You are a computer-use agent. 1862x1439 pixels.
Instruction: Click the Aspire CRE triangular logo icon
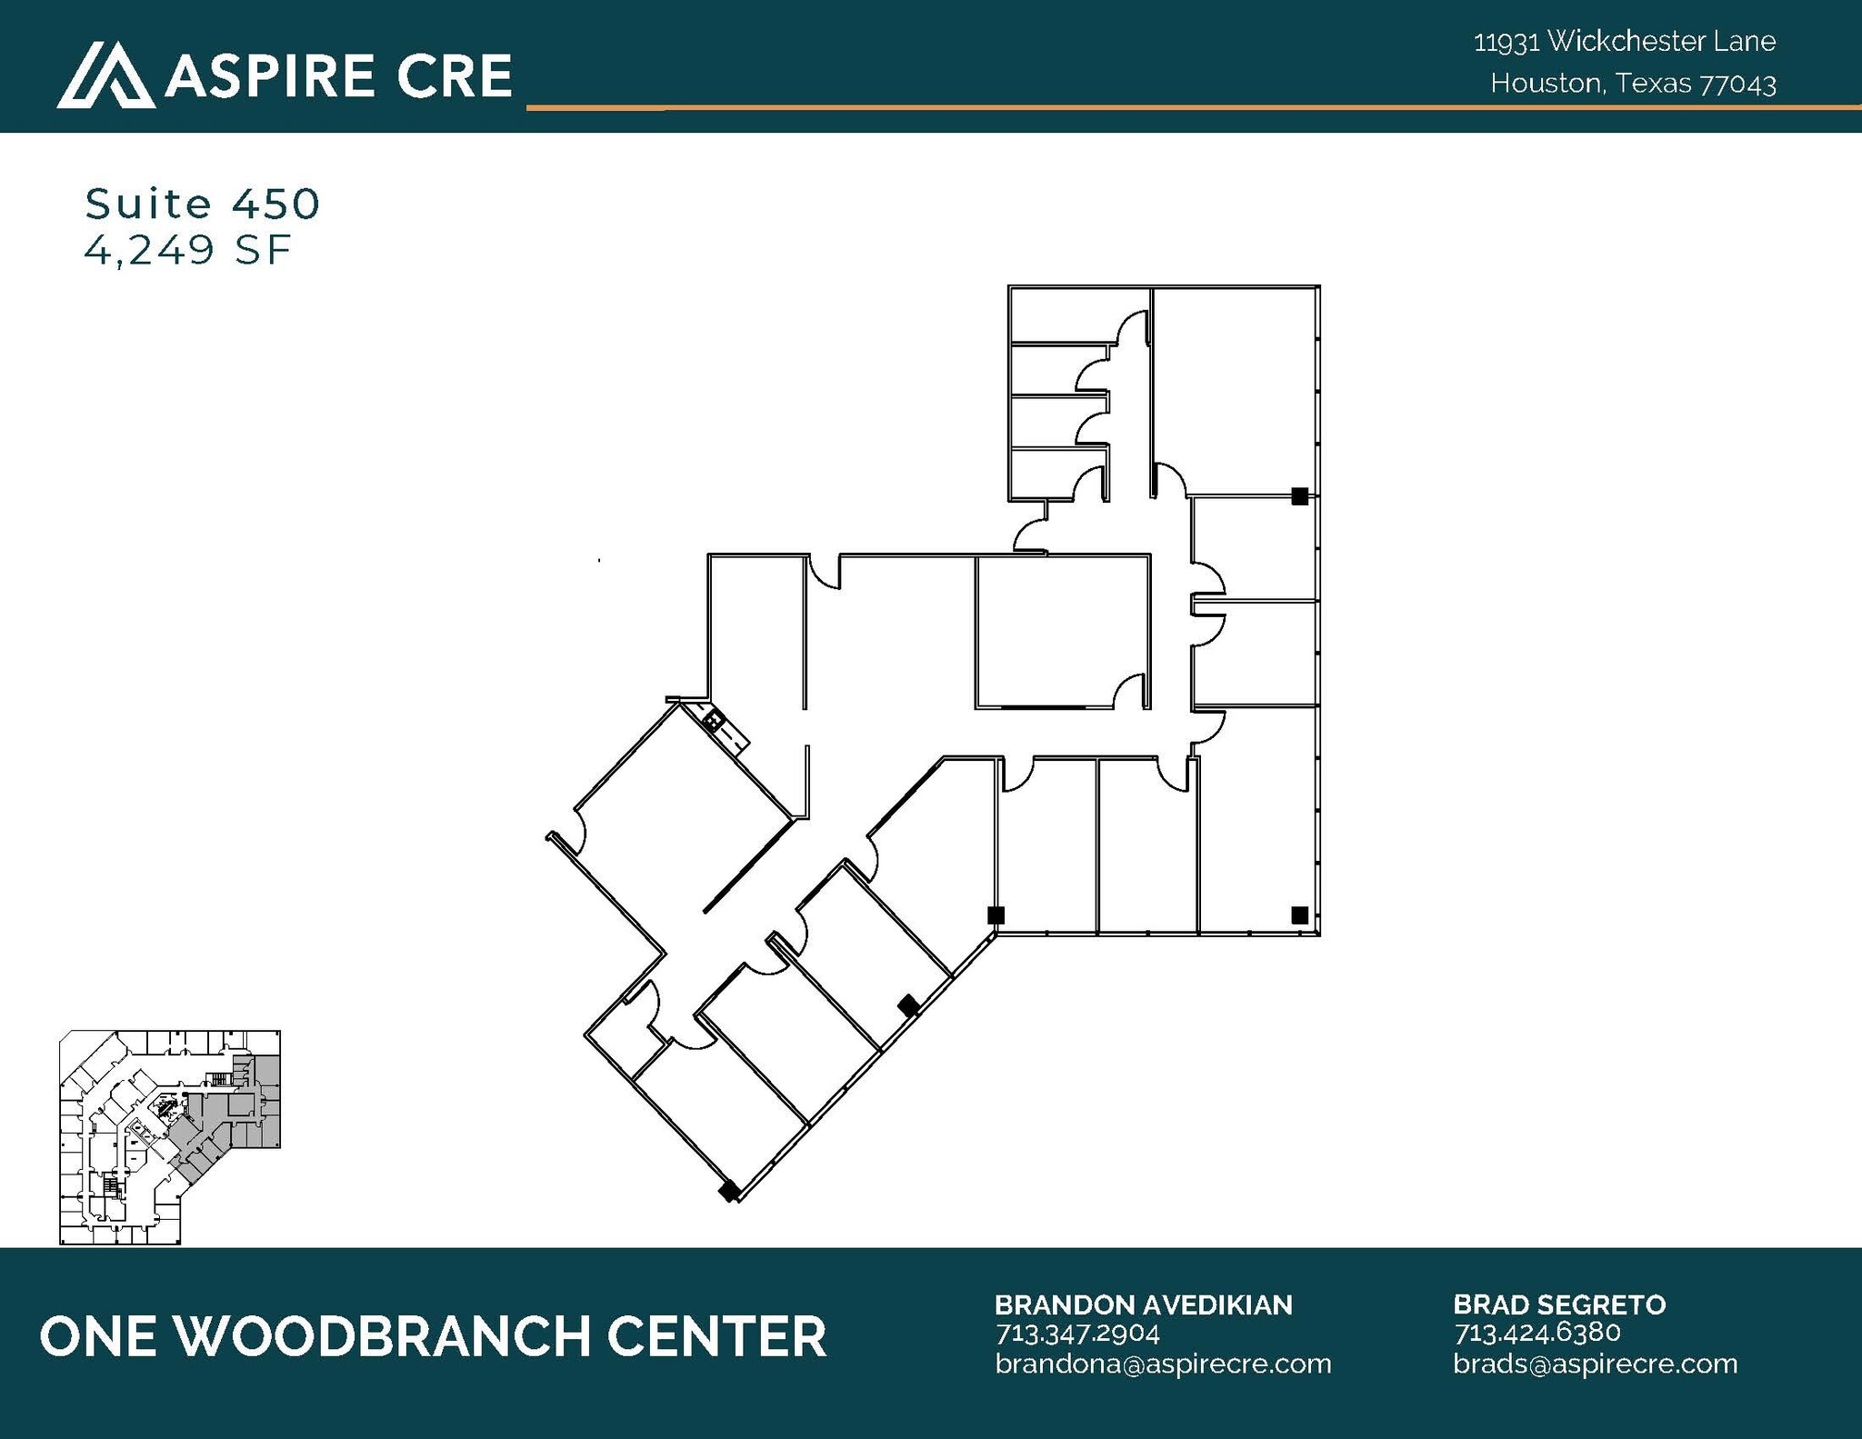click(105, 75)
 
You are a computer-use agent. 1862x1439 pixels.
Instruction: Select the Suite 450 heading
click(202, 204)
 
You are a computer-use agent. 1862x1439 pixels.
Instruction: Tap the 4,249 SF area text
click(187, 249)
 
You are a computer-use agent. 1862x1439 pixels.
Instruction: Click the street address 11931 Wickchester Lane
click(1624, 41)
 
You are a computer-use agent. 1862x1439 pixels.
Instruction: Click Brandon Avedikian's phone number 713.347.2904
click(1077, 1333)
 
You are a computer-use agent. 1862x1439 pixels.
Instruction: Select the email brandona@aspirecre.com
click(1163, 1364)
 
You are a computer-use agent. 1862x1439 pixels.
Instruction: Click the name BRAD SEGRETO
click(1558, 1304)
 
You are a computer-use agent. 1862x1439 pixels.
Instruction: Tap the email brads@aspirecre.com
click(1595, 1364)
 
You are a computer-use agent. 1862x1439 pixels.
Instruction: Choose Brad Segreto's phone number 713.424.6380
click(1537, 1333)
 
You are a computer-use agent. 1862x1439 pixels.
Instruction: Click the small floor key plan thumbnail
click(170, 1136)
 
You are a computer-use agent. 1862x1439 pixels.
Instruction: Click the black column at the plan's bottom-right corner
click(1299, 914)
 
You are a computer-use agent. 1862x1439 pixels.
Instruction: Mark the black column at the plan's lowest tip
click(728, 1190)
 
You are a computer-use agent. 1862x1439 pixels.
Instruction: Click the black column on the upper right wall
click(1299, 496)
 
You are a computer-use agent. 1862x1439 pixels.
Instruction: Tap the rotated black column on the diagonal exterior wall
click(908, 1004)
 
